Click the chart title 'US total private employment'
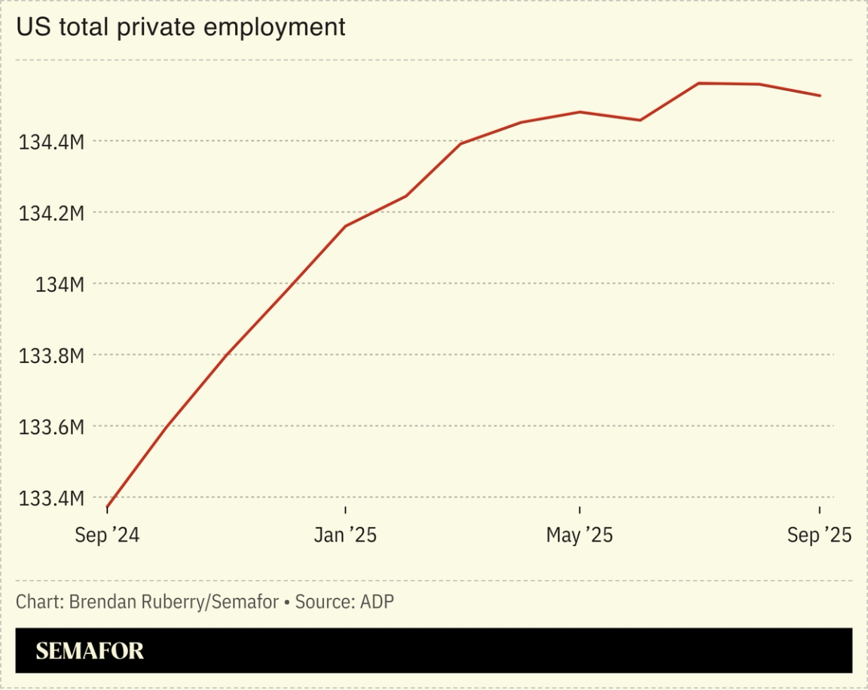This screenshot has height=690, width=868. click(181, 27)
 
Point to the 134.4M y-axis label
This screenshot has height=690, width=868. click(51, 142)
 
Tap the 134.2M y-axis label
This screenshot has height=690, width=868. click(51, 213)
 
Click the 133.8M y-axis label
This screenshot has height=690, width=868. click(51, 356)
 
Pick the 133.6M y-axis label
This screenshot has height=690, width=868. click(51, 427)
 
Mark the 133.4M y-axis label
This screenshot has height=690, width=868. click(51, 499)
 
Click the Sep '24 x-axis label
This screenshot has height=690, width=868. click(107, 535)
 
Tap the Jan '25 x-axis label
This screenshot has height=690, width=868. click(345, 535)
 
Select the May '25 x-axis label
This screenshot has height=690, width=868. click(579, 535)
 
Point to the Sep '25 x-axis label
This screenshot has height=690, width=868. click(819, 535)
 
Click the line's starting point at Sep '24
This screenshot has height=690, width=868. click(107, 508)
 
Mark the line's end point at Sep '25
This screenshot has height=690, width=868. click(820, 96)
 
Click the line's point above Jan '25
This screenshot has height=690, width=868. click(345, 226)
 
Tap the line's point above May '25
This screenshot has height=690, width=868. click(579, 111)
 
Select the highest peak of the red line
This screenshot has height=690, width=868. click(699, 83)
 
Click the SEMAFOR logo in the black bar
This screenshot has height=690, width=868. click(90, 651)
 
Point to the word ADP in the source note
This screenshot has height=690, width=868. click(377, 602)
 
